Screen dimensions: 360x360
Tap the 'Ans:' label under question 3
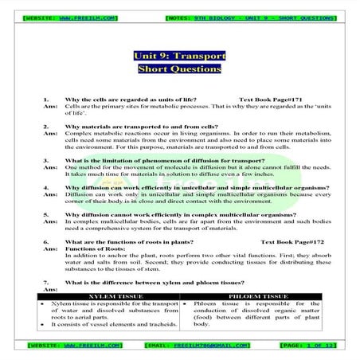[50, 169]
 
